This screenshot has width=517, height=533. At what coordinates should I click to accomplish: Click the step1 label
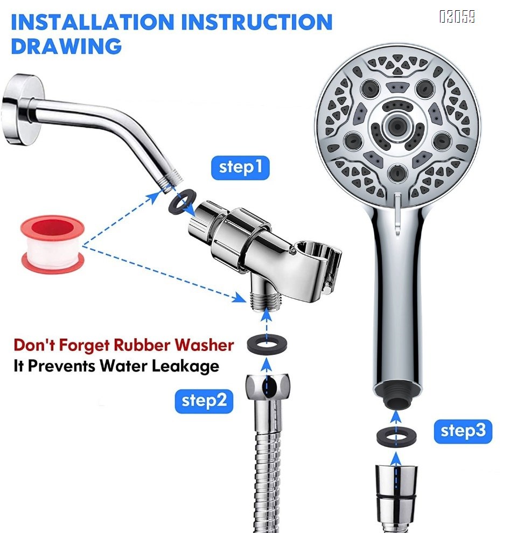[x=240, y=168]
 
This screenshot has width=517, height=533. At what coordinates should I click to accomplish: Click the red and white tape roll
[x=52, y=243]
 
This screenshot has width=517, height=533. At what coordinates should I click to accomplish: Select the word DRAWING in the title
[x=66, y=45]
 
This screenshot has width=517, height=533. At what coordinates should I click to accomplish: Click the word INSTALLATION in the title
[x=92, y=22]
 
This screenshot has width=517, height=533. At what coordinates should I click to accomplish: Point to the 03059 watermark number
[x=457, y=17]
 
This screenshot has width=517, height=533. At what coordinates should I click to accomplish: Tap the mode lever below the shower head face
[x=396, y=211]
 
